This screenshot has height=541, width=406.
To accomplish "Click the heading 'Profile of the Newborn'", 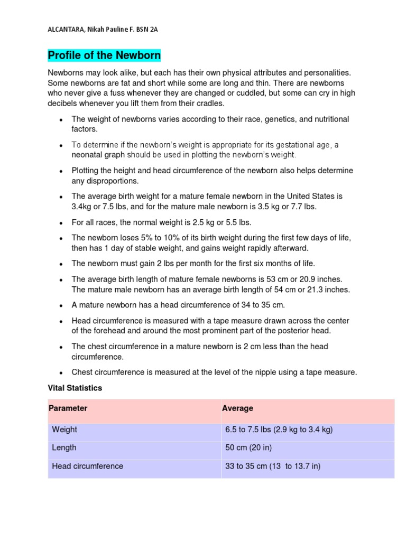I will (104, 55).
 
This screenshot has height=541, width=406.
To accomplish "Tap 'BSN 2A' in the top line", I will (147, 30).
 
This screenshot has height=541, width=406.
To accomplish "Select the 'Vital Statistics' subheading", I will (75, 388).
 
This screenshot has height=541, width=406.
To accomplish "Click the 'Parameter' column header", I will (68, 408).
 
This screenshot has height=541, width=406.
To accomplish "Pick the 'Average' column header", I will (237, 408).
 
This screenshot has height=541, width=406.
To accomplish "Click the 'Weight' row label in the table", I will (64, 430).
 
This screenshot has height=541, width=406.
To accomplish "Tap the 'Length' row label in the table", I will (64, 447).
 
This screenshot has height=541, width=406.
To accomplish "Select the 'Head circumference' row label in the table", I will (87, 466).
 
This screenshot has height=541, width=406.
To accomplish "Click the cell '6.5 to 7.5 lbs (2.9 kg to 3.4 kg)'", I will (279, 430).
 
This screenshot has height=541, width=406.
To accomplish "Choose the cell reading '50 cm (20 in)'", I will (248, 447).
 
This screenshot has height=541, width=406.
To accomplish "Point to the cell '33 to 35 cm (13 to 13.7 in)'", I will (273, 466).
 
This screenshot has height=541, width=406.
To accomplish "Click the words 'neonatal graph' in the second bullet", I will (98, 155).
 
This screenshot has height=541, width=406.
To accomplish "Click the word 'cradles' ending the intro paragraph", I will (210, 103).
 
